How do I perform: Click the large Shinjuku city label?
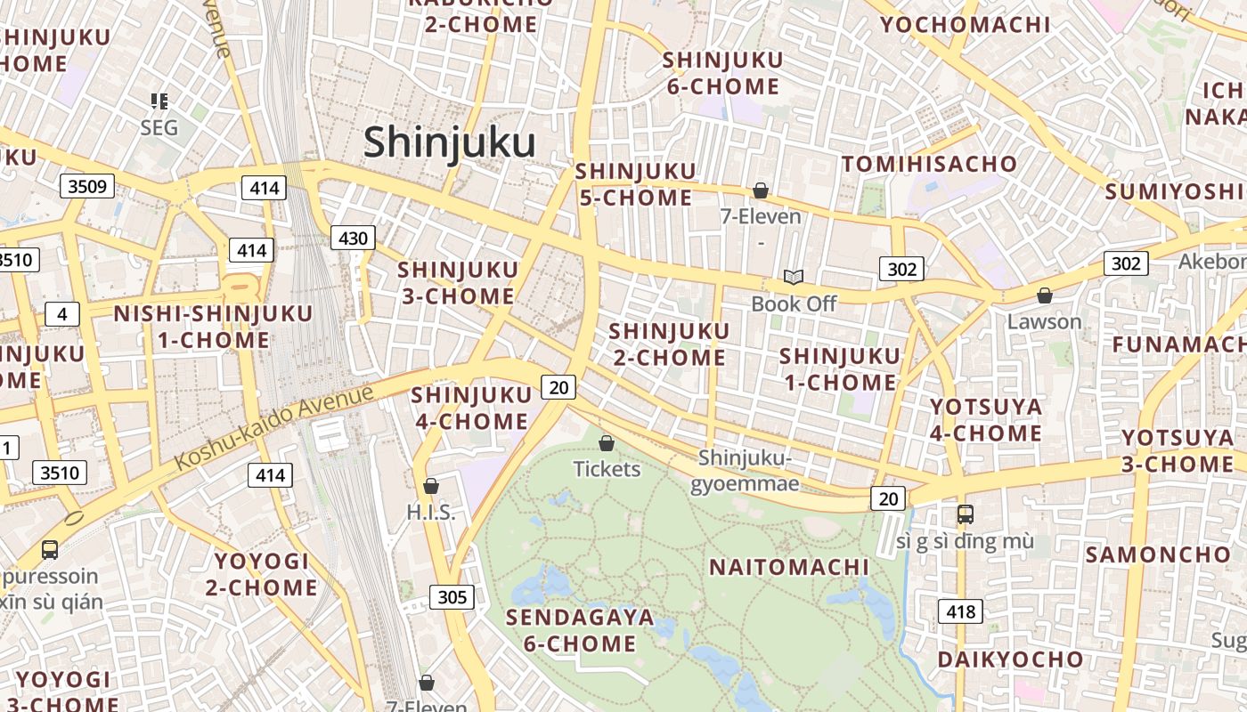click(x=449, y=142)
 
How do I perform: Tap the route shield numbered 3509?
click(x=86, y=186)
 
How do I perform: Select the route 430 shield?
click(x=353, y=238)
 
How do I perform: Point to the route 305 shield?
click(x=452, y=596)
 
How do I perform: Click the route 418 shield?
click(x=960, y=611)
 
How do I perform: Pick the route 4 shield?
click(x=61, y=314)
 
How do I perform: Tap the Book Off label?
click(x=794, y=303)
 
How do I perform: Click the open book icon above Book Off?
click(x=793, y=277)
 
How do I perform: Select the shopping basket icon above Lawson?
click(x=1044, y=295)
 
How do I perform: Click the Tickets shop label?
click(x=607, y=468)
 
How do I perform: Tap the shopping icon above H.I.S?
click(x=431, y=486)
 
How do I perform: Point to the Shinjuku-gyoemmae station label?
click(x=745, y=471)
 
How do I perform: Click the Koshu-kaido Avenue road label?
click(x=274, y=427)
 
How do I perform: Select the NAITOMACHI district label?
click(x=788, y=567)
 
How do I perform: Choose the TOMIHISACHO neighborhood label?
click(x=929, y=164)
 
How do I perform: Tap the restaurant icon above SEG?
click(x=159, y=101)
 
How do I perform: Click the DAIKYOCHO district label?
click(x=1010, y=659)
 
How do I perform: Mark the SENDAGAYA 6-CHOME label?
click(x=579, y=630)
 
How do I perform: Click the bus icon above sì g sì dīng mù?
click(x=965, y=514)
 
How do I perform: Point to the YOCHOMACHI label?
click(x=965, y=24)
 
